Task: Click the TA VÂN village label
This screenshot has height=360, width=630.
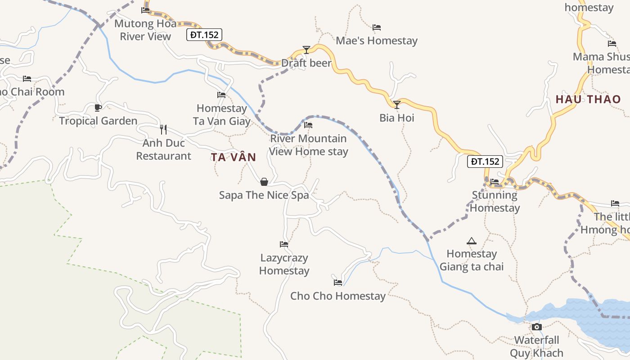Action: [x=234, y=157]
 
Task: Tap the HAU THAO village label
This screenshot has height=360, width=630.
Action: [x=588, y=99]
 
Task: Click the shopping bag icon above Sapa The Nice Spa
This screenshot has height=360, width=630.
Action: [x=264, y=182]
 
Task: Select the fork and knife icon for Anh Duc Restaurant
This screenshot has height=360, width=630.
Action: [x=163, y=130]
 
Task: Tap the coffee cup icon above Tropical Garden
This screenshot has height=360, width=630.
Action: [x=98, y=108]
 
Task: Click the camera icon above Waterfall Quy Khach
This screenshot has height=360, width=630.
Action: [x=536, y=327]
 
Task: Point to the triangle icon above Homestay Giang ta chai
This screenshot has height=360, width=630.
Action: [x=472, y=241]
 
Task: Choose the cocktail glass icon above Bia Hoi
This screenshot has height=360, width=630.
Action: [x=397, y=105]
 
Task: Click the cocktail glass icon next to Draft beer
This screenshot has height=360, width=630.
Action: [x=306, y=49]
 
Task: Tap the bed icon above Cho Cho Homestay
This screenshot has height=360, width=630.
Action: [x=338, y=283]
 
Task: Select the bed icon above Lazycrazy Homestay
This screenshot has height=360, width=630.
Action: [x=284, y=244]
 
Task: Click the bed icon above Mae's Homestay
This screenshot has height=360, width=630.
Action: [x=377, y=27]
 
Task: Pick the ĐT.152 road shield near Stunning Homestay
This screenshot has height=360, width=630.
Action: [x=485, y=162]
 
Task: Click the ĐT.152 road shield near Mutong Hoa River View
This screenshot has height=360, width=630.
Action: [x=204, y=35]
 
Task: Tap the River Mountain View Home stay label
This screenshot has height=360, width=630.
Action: [x=309, y=145]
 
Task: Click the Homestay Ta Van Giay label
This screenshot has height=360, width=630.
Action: [x=222, y=115]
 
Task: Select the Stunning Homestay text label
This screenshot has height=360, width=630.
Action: [x=495, y=202]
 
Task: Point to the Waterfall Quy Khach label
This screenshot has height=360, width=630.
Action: [x=536, y=346]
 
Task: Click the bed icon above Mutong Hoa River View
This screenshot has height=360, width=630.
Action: [x=145, y=10]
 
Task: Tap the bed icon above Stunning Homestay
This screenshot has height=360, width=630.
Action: [x=495, y=182]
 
